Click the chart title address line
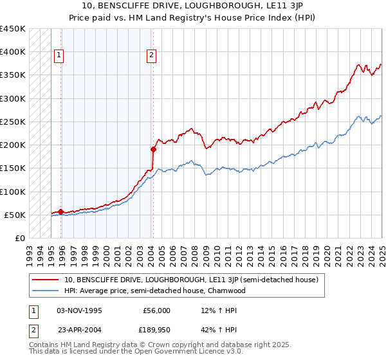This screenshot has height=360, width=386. pos(193,6)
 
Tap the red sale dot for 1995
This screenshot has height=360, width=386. pos(61,212)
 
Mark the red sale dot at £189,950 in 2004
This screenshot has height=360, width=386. pos(154,149)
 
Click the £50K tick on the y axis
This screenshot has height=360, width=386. pos(15,215)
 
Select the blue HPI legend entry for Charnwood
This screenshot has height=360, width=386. pos(154,291)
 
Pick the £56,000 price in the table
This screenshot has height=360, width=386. pos(156,310)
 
